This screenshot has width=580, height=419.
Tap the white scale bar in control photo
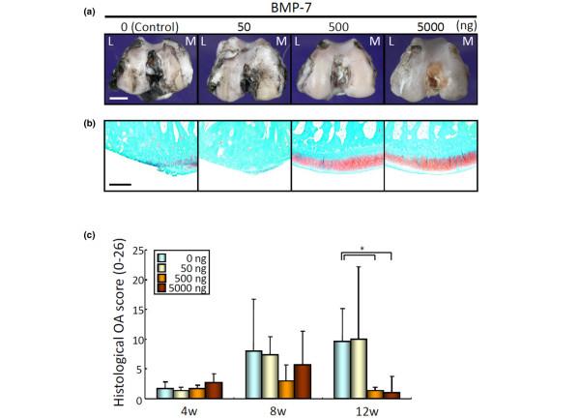(119, 97)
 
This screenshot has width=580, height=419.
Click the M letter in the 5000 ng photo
(470, 45)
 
